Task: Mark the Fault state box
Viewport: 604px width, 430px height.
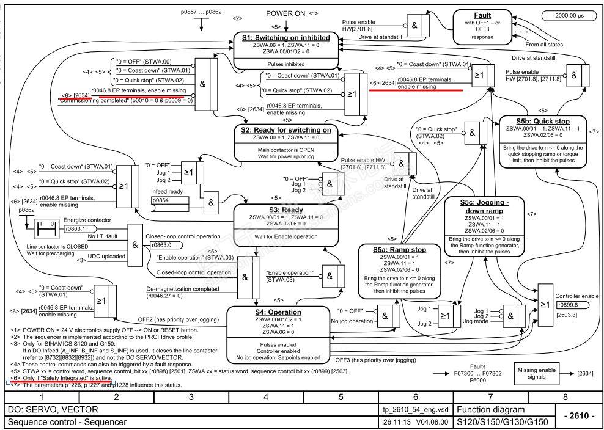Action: tap(482, 27)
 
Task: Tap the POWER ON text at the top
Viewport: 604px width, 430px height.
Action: tap(284, 13)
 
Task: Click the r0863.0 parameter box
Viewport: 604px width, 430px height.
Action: tap(160, 244)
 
